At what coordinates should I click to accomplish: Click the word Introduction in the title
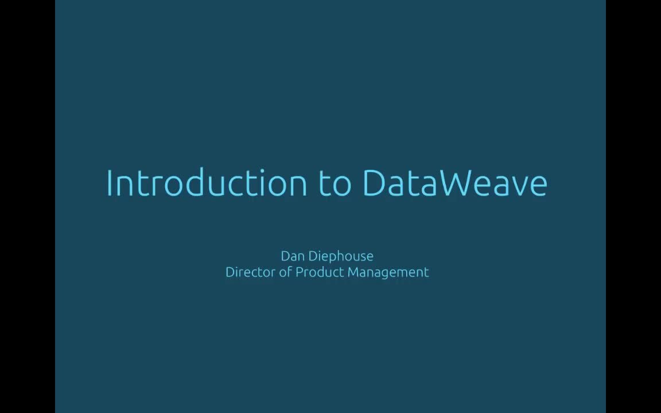(x=207, y=183)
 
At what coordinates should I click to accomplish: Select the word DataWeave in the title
(x=455, y=183)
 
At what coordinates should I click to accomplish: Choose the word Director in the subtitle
(x=250, y=272)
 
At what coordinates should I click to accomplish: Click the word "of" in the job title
(x=285, y=272)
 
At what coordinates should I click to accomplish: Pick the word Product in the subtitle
(x=320, y=272)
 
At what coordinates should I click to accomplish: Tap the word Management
(x=388, y=272)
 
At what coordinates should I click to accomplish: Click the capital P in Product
(x=299, y=272)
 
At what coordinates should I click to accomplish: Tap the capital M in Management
(x=353, y=272)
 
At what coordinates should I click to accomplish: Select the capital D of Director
(x=230, y=272)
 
